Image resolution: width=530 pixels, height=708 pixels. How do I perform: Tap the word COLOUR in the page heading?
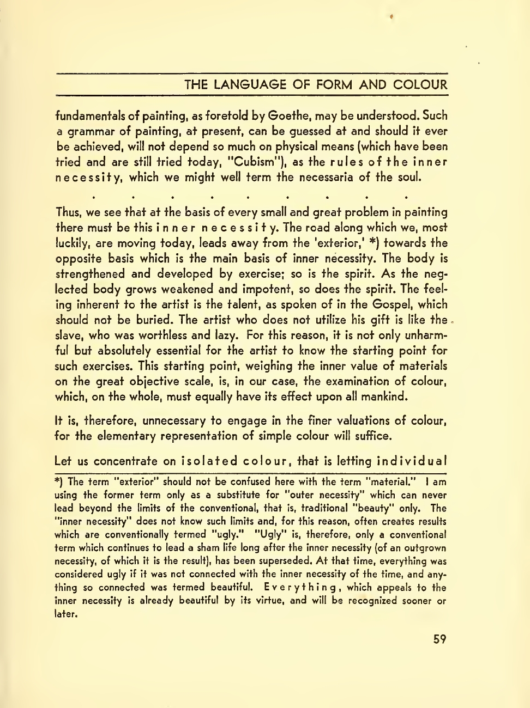click(x=420, y=85)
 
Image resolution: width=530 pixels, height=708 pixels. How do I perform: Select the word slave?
click(x=69, y=336)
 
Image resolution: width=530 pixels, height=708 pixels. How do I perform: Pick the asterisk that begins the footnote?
click(x=58, y=481)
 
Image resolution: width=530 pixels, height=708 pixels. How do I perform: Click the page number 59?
click(x=439, y=639)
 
